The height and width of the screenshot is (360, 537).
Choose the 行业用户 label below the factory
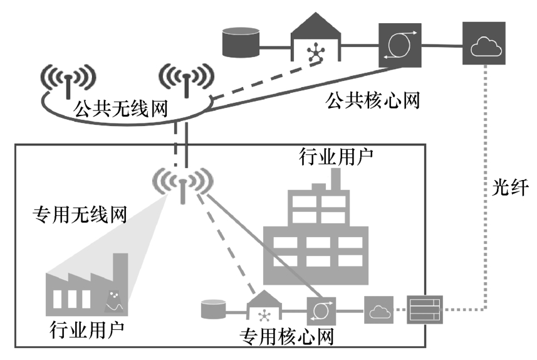[x=88, y=327]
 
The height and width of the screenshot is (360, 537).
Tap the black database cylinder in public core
[x=241, y=41]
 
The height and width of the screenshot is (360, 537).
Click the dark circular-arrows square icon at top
[x=399, y=44]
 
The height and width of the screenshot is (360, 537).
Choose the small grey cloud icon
[x=378, y=310]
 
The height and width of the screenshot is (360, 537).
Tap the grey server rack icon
[x=425, y=309]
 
